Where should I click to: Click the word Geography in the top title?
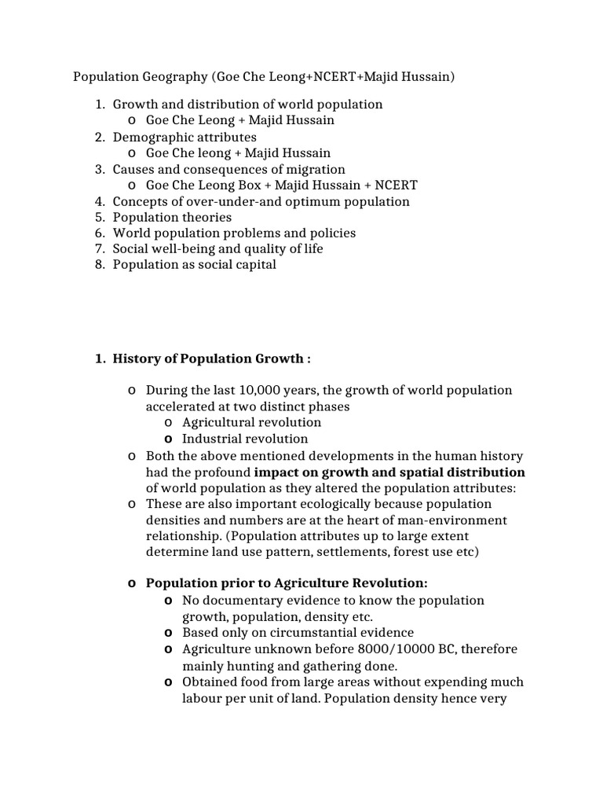[x=169, y=77]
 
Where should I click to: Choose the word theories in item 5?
[x=204, y=217]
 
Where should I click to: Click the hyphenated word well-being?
[x=188, y=248]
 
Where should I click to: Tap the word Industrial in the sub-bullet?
[x=213, y=439]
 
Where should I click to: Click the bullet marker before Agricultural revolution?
[x=168, y=423]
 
